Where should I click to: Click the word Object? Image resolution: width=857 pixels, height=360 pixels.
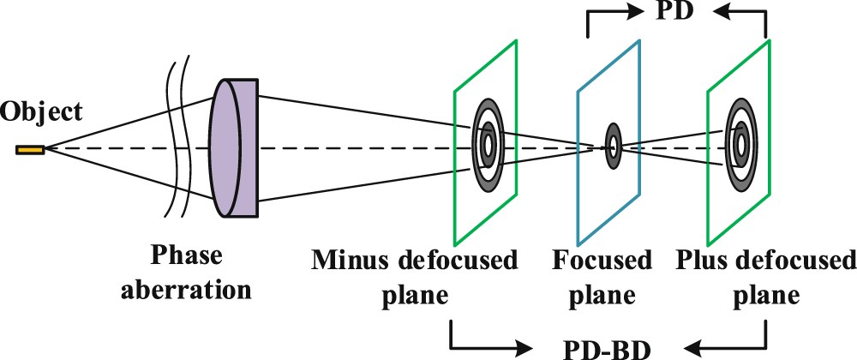point(42,111)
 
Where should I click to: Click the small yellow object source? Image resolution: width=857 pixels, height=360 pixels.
point(30,151)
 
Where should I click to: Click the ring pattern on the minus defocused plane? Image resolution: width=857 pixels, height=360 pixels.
point(486,141)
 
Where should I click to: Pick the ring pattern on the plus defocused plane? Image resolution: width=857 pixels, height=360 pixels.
point(740,141)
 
